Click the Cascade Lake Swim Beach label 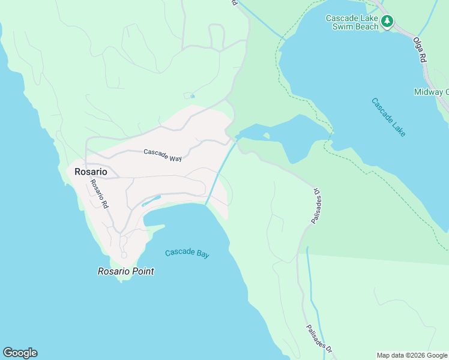click(352, 22)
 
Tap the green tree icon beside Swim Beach click(388, 22)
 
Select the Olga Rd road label click(419, 50)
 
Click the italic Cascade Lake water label click(388, 117)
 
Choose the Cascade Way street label click(162, 155)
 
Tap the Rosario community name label click(91, 172)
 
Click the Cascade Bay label click(187, 253)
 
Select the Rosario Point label click(126, 271)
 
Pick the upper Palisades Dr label click(316, 206)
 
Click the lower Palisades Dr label click(319, 338)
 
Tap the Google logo click(20, 353)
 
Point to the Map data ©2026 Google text click(412, 355)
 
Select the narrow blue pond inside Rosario click(151, 200)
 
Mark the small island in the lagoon click(266, 136)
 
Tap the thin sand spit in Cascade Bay click(155, 227)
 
